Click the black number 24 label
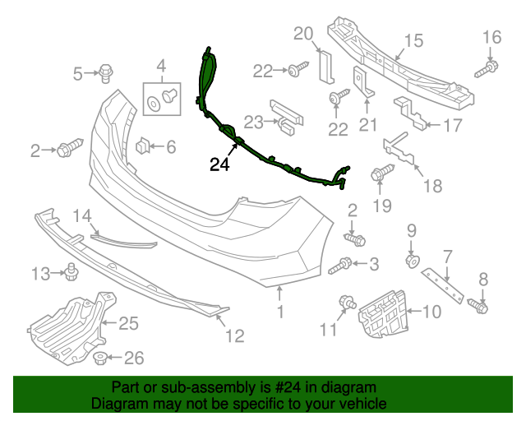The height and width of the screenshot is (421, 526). coord(219,164)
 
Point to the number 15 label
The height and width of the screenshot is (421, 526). coord(413,40)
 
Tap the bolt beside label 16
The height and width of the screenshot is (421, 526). coord(490,65)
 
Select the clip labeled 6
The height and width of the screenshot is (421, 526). coord(142,146)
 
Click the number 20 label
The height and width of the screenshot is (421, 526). coord(303,35)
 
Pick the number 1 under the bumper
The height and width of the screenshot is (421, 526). coord(279,312)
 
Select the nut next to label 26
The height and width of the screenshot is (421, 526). coord(99,358)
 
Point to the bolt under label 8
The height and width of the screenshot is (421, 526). coord(480,308)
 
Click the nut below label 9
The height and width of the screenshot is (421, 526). coord(413,261)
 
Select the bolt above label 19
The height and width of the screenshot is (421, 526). coord(381,174)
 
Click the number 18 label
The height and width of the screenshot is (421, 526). coord(431,186)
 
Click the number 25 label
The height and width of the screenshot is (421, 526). coord(129,323)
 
